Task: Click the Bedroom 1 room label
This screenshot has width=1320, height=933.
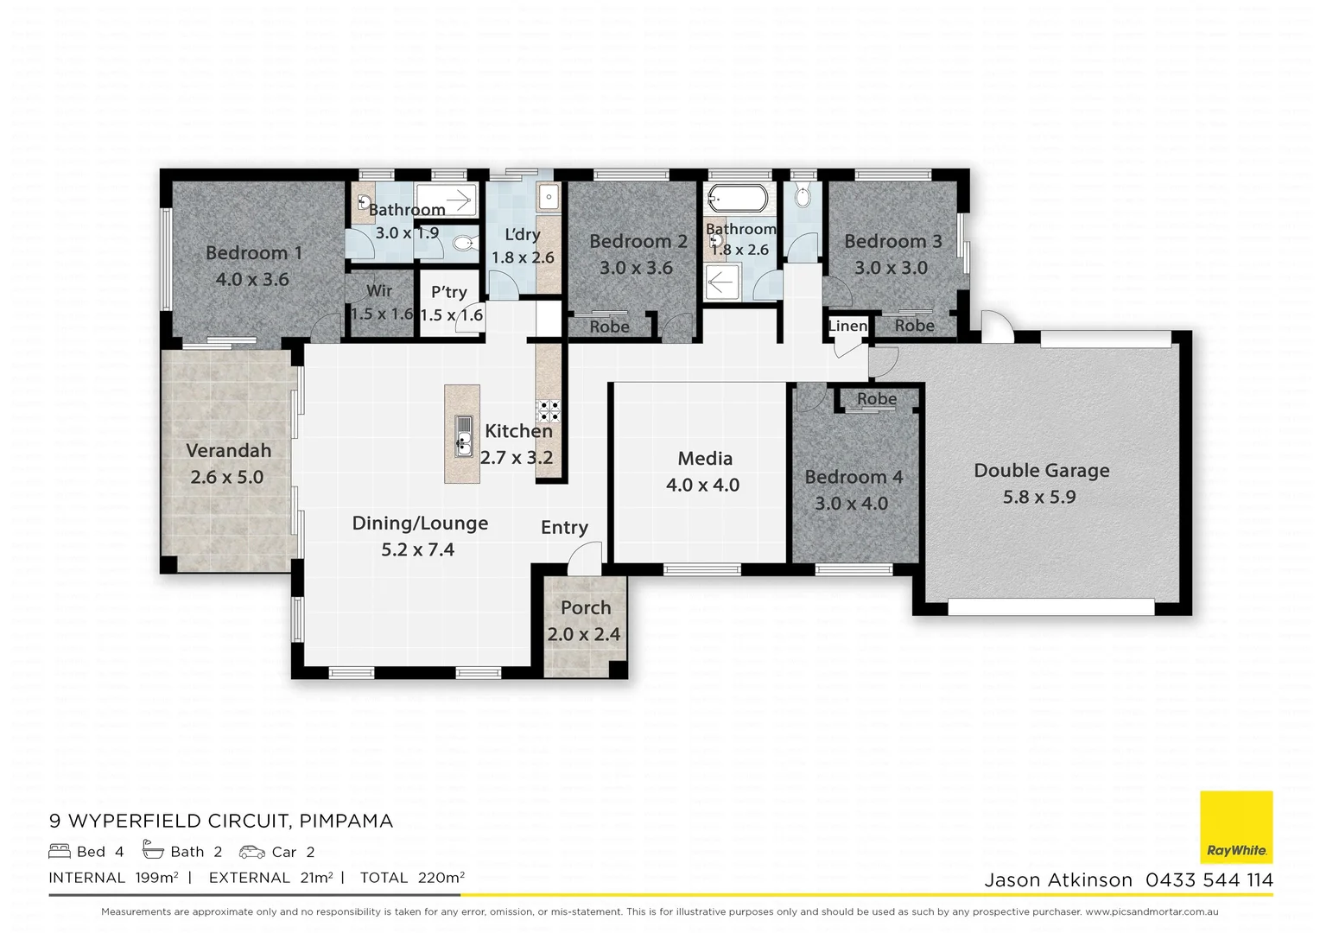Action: pyautogui.click(x=254, y=253)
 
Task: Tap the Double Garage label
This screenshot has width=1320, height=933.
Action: pyautogui.click(x=1041, y=471)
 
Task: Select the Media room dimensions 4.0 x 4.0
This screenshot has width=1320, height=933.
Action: pyautogui.click(x=702, y=486)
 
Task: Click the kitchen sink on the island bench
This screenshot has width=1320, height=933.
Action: pyautogui.click(x=463, y=435)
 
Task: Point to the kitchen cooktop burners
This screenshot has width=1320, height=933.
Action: pyautogui.click(x=548, y=409)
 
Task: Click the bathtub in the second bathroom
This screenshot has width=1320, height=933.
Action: pyautogui.click(x=737, y=198)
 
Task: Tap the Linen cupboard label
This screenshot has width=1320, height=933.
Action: pyautogui.click(x=847, y=326)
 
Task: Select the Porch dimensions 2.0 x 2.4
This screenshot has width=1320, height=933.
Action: pyautogui.click(x=584, y=634)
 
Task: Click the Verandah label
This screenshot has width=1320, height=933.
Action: pyautogui.click(x=229, y=451)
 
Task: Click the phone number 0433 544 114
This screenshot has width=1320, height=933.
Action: pyautogui.click(x=1209, y=880)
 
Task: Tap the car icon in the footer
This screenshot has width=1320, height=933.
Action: pyautogui.click(x=252, y=852)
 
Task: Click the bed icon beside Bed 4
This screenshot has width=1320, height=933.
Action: pyautogui.click(x=60, y=851)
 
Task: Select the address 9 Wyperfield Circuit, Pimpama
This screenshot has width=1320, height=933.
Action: pyautogui.click(x=221, y=821)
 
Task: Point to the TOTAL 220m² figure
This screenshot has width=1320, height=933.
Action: pyautogui.click(x=412, y=878)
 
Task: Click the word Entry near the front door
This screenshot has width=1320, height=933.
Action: pyautogui.click(x=564, y=528)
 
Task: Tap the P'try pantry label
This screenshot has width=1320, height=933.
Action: pyautogui.click(x=449, y=292)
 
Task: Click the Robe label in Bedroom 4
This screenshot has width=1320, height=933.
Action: pyautogui.click(x=876, y=399)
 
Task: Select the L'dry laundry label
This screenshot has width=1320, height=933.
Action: pyautogui.click(x=523, y=234)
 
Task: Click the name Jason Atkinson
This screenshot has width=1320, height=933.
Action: pyautogui.click(x=1058, y=880)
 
